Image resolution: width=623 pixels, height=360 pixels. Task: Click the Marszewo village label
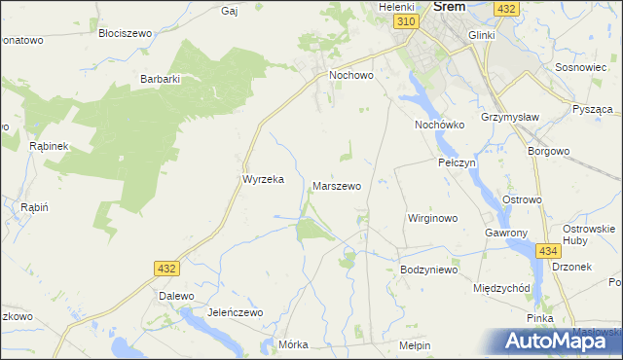click(x=337, y=185)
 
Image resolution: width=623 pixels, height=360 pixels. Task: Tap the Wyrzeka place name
click(x=262, y=179)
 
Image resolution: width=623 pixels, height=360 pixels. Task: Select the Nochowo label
click(x=352, y=74)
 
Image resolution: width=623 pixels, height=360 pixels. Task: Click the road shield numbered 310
click(x=407, y=20)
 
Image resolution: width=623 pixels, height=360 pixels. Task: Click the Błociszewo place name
click(x=126, y=32)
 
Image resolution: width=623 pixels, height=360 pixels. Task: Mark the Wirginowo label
click(x=432, y=218)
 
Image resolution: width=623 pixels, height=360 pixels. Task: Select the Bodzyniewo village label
click(x=428, y=269)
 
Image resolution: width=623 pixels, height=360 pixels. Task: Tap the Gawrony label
click(x=506, y=234)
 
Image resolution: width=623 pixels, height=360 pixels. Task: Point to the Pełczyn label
click(x=457, y=162)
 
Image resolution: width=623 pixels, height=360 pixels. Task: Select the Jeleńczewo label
click(x=236, y=312)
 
